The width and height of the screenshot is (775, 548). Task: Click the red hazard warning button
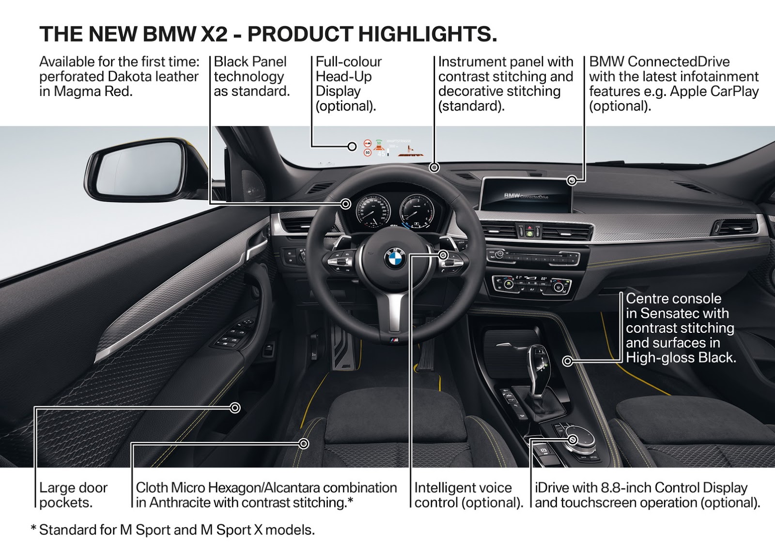pyautogui.click(x=530, y=227)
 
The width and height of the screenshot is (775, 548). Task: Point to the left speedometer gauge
pyautogui.click(x=372, y=211)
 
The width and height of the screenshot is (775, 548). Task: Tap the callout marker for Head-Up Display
pyautogui.click(x=352, y=146)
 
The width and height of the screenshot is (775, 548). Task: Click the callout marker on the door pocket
pyautogui.click(x=235, y=408)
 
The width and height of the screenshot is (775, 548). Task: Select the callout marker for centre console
pyautogui.click(x=568, y=361)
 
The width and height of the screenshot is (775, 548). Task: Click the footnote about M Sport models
pyautogui.click(x=172, y=530)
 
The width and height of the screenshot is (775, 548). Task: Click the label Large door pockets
pyautogui.click(x=73, y=495)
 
